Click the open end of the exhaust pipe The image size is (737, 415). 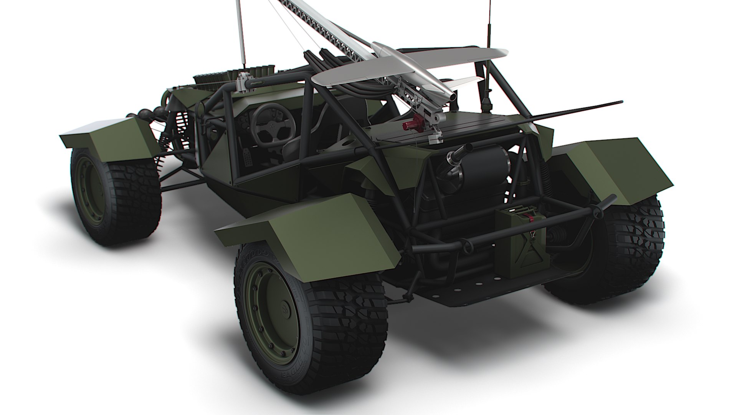tap(469, 147)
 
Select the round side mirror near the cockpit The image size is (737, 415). tap(201, 109)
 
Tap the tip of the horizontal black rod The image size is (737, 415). tap(621, 102)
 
